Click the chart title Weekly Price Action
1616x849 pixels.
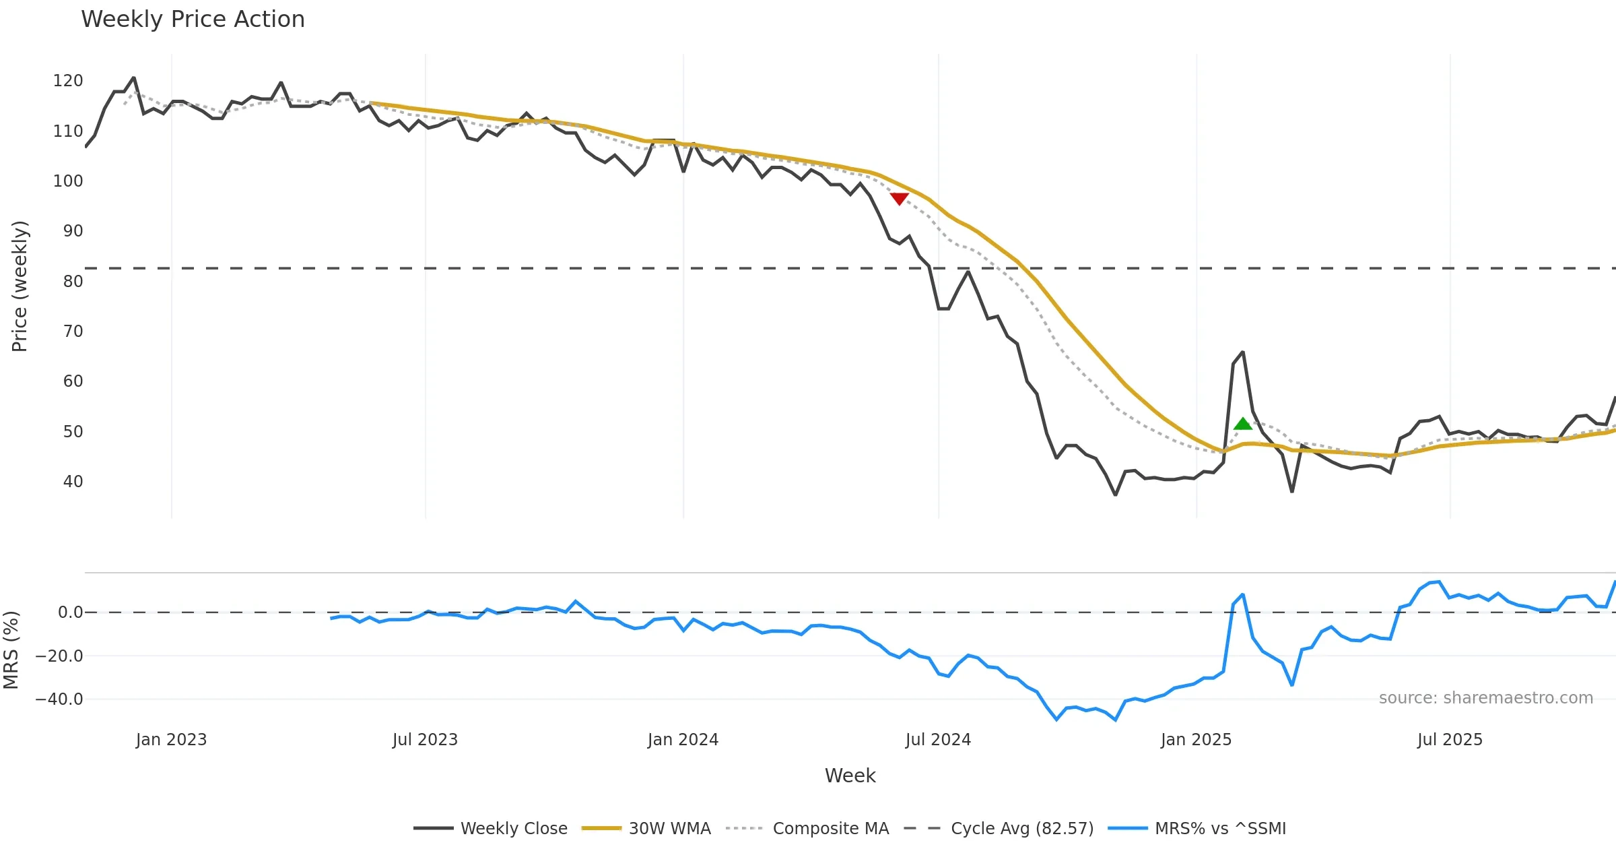tap(193, 20)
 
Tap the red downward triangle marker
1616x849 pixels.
tap(900, 198)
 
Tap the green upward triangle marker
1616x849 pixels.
tap(1242, 424)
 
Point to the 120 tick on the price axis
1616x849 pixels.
tap(68, 81)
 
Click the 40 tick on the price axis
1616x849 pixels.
tap(73, 482)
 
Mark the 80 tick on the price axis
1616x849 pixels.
tap(73, 281)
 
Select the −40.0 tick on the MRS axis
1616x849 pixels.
tap(59, 699)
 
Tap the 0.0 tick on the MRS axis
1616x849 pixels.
tap(70, 612)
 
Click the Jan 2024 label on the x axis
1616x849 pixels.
tap(683, 740)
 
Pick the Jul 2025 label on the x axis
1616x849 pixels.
tap(1450, 740)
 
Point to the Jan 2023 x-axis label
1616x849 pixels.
tap(171, 740)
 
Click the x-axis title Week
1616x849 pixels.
tap(850, 776)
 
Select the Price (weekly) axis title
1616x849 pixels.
tap(20, 286)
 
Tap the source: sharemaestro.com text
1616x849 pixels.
tap(1485, 698)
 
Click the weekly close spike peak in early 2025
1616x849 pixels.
tap(1242, 352)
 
